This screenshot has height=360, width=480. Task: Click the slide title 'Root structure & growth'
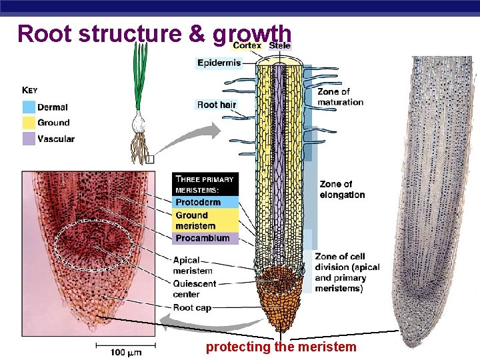point(154,33)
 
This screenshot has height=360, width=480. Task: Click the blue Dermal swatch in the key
point(29,107)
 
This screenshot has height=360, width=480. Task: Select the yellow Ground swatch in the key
point(29,123)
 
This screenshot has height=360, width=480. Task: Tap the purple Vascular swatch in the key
point(29,139)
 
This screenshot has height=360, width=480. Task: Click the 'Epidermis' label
point(219,63)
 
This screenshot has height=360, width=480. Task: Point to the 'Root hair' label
point(217,105)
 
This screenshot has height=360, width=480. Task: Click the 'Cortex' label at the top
point(247,45)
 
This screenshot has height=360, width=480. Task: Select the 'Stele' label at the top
point(279,45)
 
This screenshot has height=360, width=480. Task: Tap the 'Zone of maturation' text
point(340,97)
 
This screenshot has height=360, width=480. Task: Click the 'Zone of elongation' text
point(342,189)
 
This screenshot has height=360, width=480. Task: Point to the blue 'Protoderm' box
point(205,202)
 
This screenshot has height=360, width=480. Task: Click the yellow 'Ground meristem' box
point(205,221)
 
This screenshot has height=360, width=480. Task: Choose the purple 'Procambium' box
point(205,238)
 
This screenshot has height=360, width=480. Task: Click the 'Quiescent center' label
point(195,289)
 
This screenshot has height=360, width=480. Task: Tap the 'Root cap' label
point(192,307)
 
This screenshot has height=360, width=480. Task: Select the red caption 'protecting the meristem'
point(281,347)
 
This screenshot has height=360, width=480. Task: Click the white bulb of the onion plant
point(140,123)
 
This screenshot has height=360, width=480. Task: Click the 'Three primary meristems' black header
point(205,184)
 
